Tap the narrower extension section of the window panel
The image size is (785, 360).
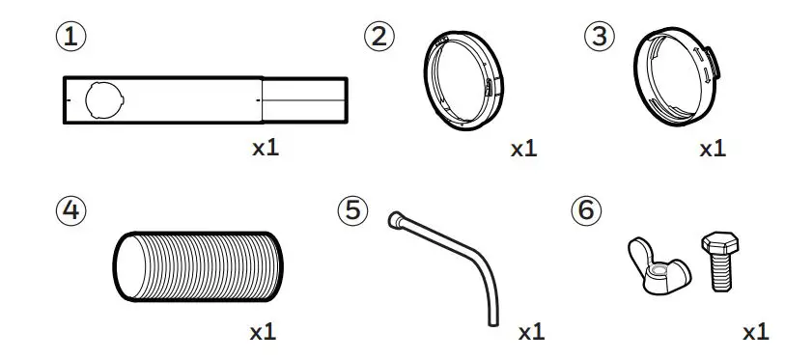click(303, 99)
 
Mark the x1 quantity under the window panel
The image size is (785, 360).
click(266, 150)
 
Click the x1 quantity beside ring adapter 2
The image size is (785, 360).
click(523, 150)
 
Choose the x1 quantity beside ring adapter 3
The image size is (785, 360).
click(712, 150)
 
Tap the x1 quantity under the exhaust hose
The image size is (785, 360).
click(264, 332)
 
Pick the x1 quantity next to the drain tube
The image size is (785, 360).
click(531, 332)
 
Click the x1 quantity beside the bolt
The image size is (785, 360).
click(755, 332)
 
